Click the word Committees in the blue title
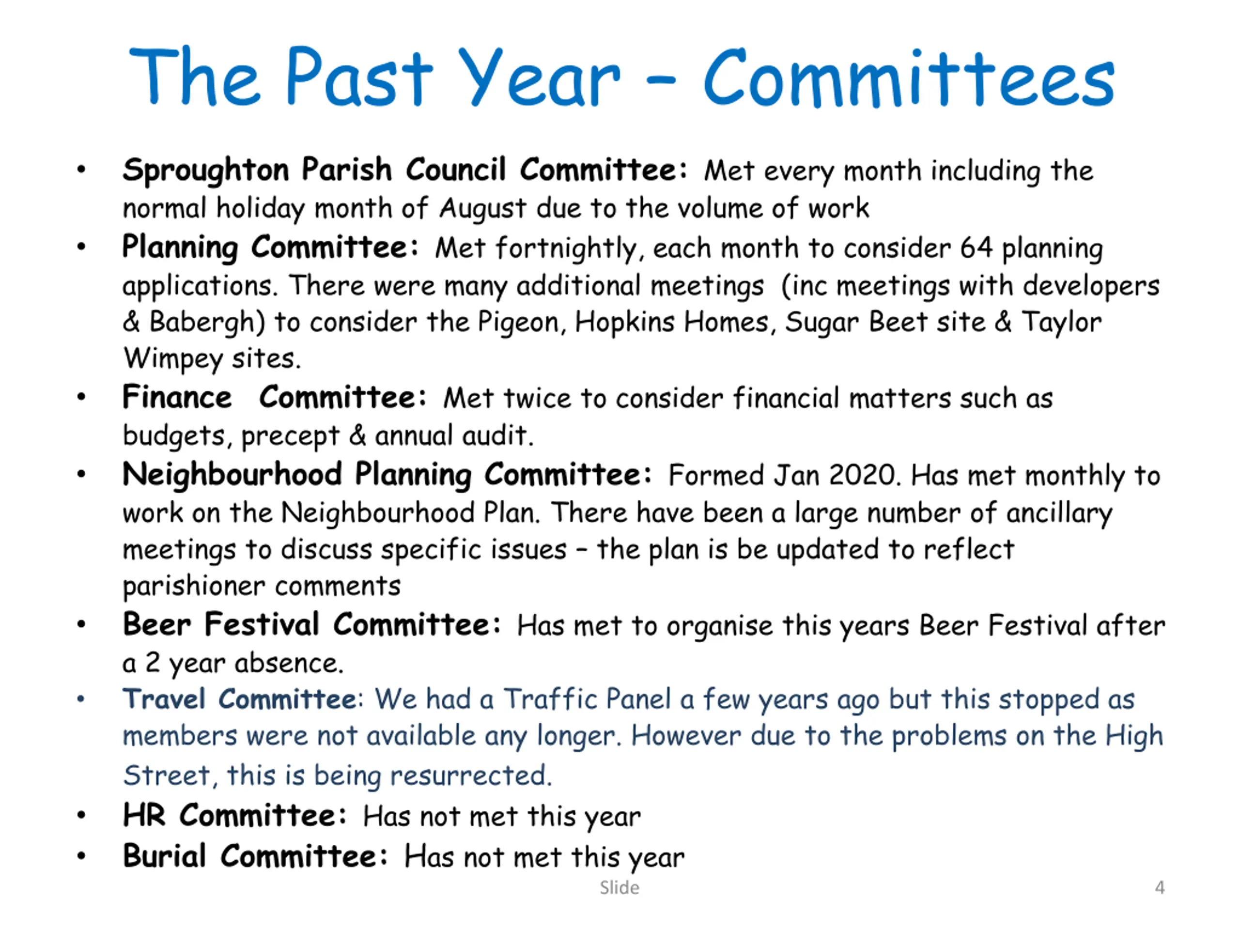click(909, 78)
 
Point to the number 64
click(976, 248)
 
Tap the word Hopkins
click(624, 322)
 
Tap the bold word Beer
click(157, 624)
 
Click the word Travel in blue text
click(164, 699)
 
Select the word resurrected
click(471, 776)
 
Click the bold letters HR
click(144, 815)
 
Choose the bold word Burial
click(164, 856)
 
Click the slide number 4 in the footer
click(1160, 887)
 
